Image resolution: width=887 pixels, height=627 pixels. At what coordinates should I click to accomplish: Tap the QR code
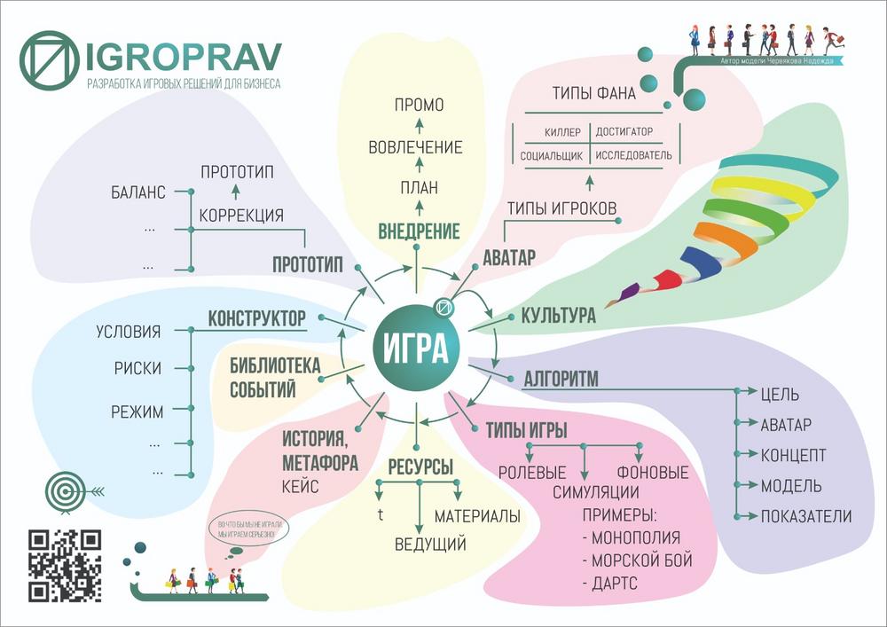point(65,566)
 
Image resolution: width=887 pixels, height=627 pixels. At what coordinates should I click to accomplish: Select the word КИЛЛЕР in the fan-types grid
point(562,132)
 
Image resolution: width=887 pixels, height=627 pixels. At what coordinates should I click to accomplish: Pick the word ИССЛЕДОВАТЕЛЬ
point(632,155)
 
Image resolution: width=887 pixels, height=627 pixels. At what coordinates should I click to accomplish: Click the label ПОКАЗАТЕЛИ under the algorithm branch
point(805,516)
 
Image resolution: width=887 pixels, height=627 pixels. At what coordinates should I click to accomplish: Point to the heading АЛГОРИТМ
point(561,380)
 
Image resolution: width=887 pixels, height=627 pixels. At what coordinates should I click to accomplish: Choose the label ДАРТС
point(612,584)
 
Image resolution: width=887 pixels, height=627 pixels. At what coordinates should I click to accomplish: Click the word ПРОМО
point(419,106)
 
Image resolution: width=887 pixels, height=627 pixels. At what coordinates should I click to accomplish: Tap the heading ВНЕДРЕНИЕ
point(419,232)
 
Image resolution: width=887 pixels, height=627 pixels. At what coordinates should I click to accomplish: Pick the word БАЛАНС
point(138,192)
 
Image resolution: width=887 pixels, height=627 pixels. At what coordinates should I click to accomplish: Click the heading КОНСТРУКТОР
point(256,318)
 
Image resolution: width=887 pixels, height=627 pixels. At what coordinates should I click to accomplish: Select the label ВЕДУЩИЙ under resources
point(430,544)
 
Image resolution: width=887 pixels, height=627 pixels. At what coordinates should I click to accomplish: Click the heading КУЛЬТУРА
point(558,316)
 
